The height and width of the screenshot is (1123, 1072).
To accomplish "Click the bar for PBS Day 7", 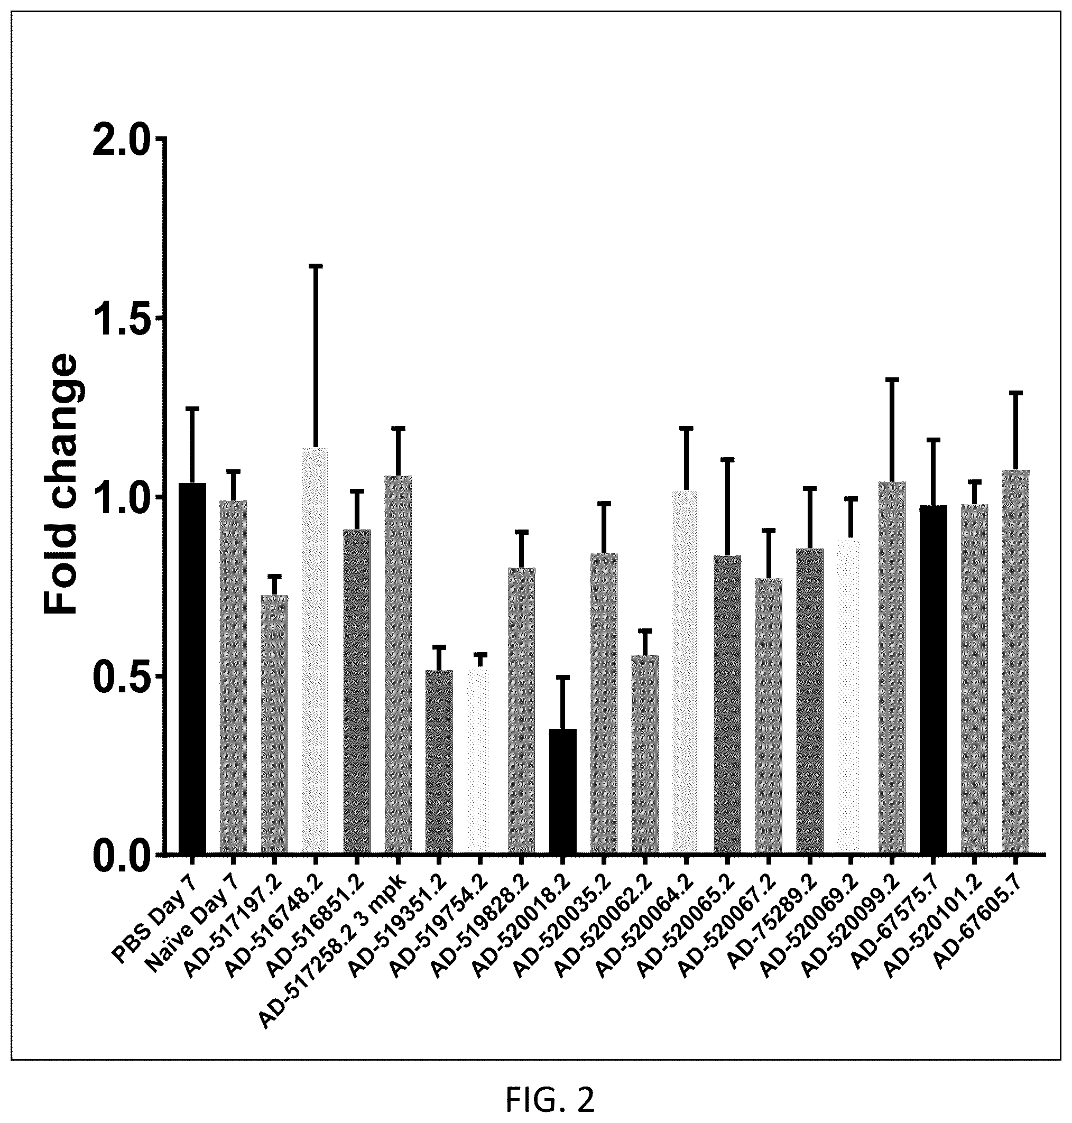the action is click(x=192, y=669).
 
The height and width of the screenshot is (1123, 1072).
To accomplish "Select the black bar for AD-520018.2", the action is click(x=562, y=792).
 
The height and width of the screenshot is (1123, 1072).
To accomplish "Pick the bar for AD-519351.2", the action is click(x=439, y=763).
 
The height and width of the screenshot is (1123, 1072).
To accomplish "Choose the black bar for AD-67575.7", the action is click(x=933, y=680).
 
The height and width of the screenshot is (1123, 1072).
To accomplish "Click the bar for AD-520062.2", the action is click(x=645, y=755).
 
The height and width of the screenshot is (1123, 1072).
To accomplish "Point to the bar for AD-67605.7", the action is click(x=1015, y=662).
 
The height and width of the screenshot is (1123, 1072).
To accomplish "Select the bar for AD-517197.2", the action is click(x=274, y=725).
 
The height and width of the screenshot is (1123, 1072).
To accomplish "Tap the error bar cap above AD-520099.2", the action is click(x=892, y=379).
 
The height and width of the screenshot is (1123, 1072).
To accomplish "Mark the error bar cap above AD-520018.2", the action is click(x=562, y=677).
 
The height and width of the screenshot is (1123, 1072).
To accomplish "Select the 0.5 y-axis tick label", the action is click(x=122, y=676).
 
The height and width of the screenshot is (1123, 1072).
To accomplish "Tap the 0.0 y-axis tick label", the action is click(x=122, y=855).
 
